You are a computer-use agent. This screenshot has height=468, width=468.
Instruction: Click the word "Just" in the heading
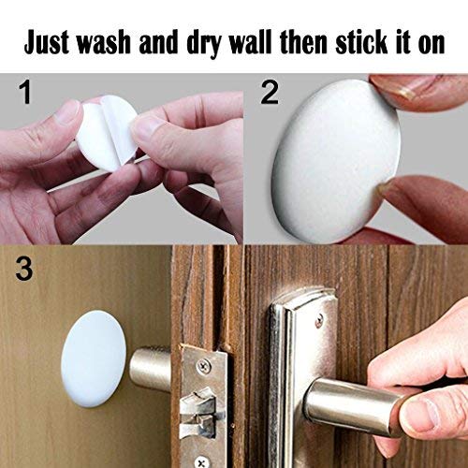[x=47, y=43]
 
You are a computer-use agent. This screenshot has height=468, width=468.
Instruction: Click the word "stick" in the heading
[x=361, y=43]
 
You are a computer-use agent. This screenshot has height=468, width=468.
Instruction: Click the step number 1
[x=25, y=93]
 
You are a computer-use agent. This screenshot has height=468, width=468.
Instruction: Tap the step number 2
[x=270, y=93]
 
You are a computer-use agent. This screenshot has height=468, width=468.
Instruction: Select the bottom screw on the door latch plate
[x=202, y=461]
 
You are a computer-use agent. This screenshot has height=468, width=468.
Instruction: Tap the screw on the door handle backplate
[x=319, y=320]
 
